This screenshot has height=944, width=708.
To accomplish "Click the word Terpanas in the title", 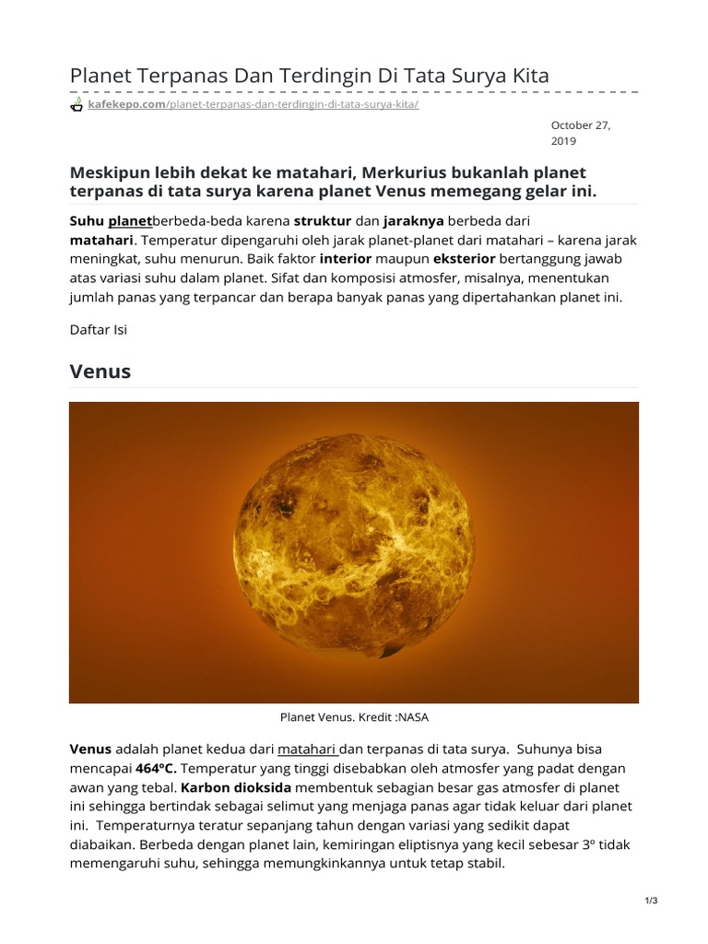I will coord(177,76).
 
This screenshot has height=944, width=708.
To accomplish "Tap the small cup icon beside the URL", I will coord(77,105).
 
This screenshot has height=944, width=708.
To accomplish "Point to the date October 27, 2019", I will coord(574,133).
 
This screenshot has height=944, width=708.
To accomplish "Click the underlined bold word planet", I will coord(130,221).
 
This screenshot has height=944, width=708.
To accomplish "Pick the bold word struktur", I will coord(323,221).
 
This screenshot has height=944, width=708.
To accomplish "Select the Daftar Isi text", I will coord(99,330).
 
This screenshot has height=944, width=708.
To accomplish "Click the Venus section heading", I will coord(100,372).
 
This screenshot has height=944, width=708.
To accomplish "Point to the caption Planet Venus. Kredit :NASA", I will coord(353,715).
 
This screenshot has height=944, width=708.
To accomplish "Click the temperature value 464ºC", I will coord(154,768).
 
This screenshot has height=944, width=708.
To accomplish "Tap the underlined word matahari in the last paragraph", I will coord(308,749).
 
